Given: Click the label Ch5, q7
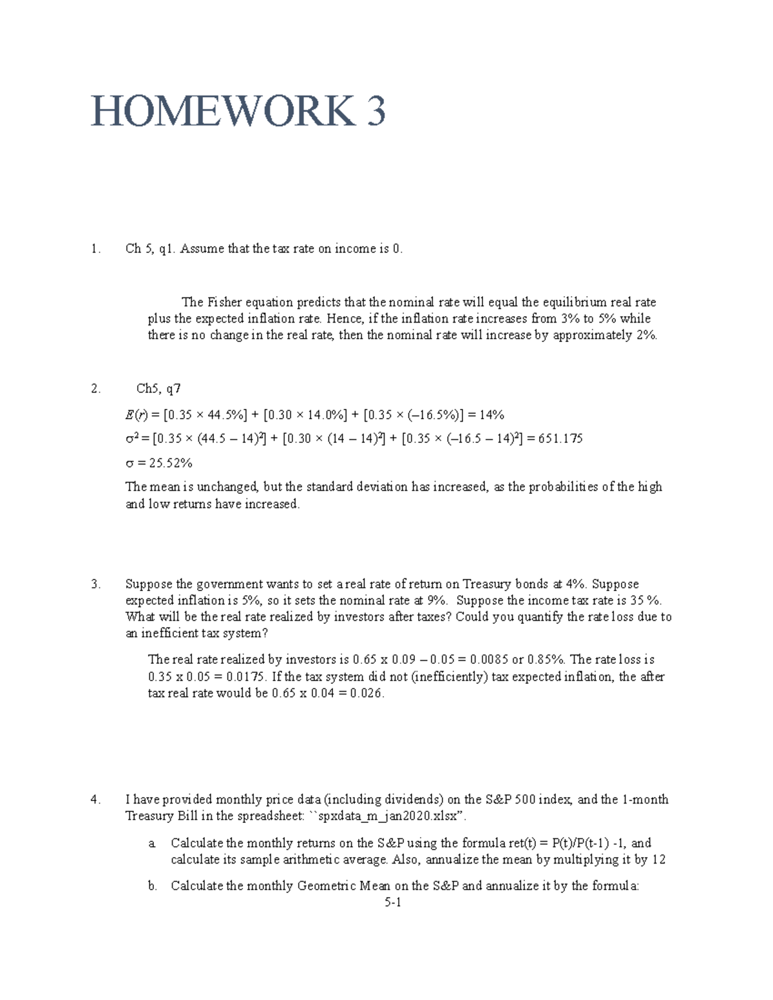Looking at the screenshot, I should pyautogui.click(x=158, y=388).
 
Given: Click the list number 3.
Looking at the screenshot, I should pyautogui.click(x=96, y=584).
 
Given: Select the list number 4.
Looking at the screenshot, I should pyautogui.click(x=96, y=799).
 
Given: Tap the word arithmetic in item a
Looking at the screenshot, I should pyautogui.click(x=345, y=860).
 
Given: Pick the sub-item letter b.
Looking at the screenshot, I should pyautogui.click(x=152, y=885).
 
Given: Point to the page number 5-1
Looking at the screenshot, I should pyautogui.click(x=393, y=903).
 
